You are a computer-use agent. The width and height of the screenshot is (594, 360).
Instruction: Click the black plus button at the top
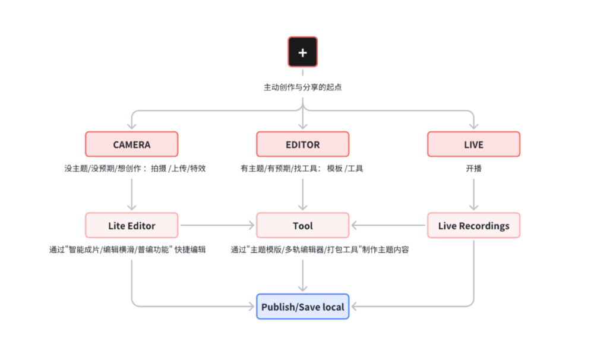click(x=303, y=52)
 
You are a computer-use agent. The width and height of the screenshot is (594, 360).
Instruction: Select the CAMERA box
click(x=131, y=144)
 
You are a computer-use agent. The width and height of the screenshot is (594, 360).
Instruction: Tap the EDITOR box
click(x=303, y=144)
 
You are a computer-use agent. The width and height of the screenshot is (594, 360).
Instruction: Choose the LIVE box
click(x=473, y=144)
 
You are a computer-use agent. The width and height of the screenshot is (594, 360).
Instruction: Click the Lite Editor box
click(x=131, y=226)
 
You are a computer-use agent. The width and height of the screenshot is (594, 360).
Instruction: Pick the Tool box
click(x=303, y=226)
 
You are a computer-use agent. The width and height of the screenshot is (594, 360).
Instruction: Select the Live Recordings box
click(x=473, y=226)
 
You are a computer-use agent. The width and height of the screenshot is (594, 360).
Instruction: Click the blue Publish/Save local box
click(x=303, y=307)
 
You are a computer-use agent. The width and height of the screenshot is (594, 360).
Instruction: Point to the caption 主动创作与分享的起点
click(x=303, y=87)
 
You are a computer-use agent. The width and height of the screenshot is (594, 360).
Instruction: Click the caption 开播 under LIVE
click(x=473, y=169)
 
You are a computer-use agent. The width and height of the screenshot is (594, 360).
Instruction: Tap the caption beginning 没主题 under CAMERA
click(x=135, y=169)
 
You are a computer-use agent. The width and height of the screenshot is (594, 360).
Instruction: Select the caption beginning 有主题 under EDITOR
click(x=302, y=169)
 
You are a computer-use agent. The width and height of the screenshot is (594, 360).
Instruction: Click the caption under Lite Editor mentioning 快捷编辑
click(x=127, y=250)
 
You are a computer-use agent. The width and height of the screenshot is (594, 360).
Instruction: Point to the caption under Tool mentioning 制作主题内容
click(x=320, y=250)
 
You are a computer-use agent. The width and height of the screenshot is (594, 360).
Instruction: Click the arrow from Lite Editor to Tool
click(x=217, y=226)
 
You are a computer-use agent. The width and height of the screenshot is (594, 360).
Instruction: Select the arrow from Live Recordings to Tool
click(x=388, y=226)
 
